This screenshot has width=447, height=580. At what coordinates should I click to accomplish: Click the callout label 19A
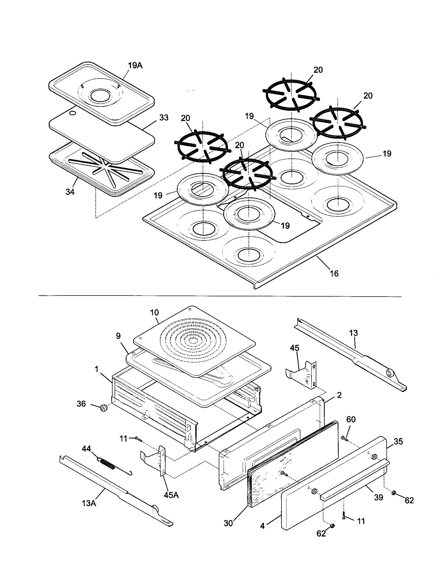point(135,65)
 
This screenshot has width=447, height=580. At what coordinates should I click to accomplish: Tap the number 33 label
point(164,118)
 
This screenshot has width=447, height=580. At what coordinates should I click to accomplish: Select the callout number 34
point(70,192)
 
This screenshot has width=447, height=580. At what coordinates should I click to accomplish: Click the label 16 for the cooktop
point(334,273)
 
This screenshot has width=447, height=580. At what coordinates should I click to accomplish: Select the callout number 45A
point(171,495)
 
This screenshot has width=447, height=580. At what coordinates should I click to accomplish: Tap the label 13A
point(89,503)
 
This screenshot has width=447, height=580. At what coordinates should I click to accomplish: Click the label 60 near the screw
point(351,419)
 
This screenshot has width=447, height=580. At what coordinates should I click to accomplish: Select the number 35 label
point(398,441)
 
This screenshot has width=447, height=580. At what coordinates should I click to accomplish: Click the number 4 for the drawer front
point(263,526)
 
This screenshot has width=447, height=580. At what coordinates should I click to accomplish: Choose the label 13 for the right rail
point(353,333)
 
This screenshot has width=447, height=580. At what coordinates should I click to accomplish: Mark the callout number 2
point(339,395)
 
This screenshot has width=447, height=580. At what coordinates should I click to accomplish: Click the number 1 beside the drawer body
point(97,369)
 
